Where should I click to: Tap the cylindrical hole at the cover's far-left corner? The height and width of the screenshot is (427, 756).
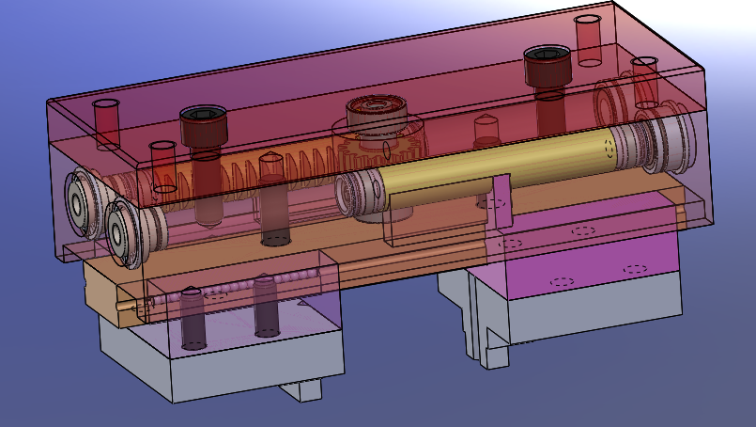106,122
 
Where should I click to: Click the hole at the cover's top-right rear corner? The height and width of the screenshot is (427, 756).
589,40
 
